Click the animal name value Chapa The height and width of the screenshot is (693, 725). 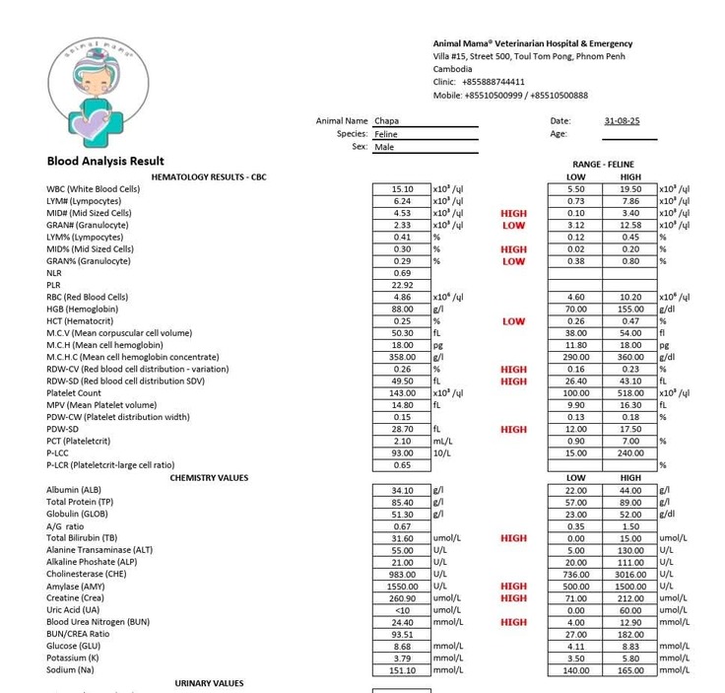[387, 121]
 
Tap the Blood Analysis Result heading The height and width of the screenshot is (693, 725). [105, 161]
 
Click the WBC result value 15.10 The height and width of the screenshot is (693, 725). [403, 188]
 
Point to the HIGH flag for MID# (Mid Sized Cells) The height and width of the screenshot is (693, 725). [513, 213]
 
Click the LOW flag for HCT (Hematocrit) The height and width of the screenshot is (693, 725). [513, 321]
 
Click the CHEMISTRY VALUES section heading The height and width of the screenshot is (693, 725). [209, 478]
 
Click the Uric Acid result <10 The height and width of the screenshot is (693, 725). [403, 610]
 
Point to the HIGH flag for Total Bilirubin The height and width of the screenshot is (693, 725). [513, 538]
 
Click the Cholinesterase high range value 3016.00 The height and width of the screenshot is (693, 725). [630, 574]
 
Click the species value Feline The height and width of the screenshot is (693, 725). [386, 134]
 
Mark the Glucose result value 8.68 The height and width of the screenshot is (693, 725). [403, 646]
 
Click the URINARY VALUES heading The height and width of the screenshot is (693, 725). [209, 683]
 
